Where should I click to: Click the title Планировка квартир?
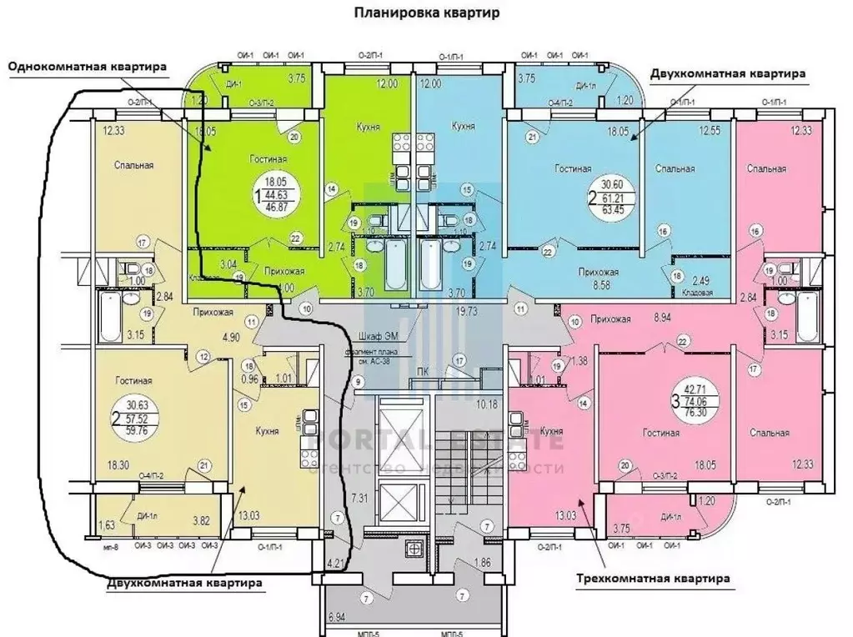(426, 13)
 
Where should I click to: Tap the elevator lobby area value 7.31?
(360, 498)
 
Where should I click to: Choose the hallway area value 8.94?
(663, 318)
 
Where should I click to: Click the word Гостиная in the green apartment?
(268, 158)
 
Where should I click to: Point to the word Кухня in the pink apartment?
(548, 432)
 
